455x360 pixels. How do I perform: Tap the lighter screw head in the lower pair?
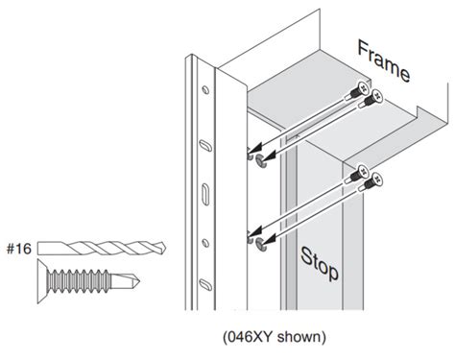(376, 179)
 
